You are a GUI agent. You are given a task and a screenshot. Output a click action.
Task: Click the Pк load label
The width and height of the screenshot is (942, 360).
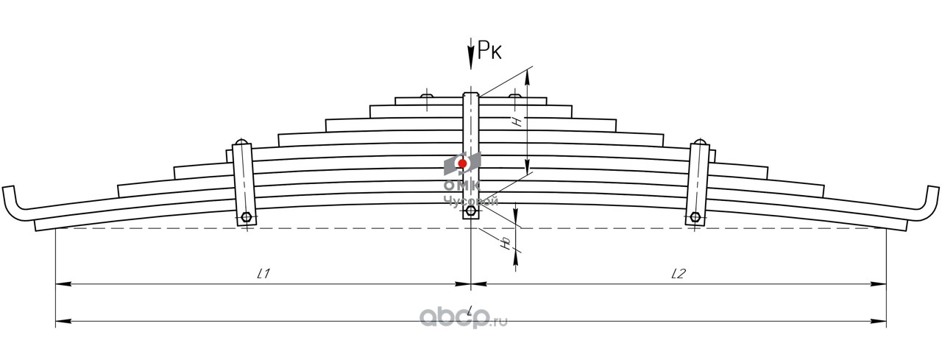(x=491, y=51)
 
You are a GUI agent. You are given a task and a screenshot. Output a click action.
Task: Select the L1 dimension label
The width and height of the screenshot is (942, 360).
(x=264, y=274)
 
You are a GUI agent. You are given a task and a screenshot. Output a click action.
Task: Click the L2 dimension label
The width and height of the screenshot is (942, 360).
(x=679, y=274)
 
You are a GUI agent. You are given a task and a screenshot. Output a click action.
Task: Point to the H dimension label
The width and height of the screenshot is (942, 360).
(x=518, y=121)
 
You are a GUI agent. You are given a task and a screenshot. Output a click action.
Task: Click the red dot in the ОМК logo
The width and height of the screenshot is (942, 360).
(x=462, y=163)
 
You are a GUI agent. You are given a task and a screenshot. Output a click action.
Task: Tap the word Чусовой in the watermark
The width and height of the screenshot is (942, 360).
(x=471, y=201)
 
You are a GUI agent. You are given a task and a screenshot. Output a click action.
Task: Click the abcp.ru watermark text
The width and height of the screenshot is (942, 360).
(x=464, y=317)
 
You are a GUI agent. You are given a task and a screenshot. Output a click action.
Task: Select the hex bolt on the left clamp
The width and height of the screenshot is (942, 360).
(x=246, y=217)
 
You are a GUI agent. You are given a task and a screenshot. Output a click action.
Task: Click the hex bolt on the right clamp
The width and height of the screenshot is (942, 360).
(x=694, y=217)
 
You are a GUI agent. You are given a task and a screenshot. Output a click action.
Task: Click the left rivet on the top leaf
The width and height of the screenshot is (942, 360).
(x=427, y=96)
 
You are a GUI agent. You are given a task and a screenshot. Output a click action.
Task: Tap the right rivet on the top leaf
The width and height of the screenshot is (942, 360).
(x=514, y=96)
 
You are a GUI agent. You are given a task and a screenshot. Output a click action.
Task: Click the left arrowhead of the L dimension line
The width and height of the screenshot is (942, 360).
(x=60, y=322)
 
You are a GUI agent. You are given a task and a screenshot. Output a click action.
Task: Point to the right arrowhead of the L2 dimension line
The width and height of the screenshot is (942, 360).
(x=882, y=283)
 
